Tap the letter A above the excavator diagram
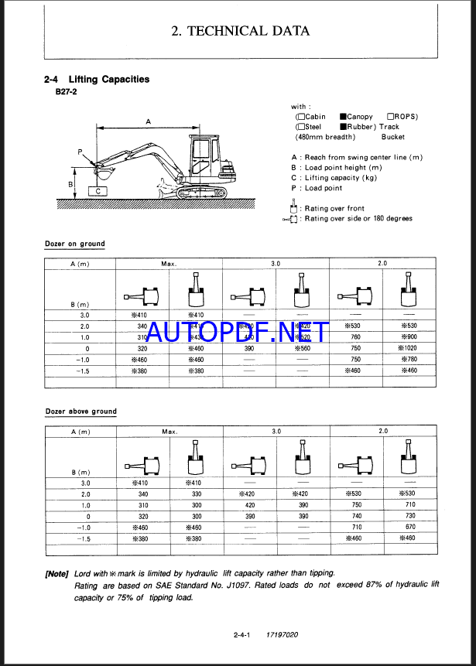click(x=147, y=121)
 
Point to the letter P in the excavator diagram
click(x=80, y=152)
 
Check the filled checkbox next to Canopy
click(x=342, y=117)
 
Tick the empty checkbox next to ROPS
click(x=391, y=117)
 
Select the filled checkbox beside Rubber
click(x=342, y=127)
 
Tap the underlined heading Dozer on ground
click(x=75, y=244)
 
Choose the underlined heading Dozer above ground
click(x=80, y=412)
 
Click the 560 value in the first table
click(x=303, y=349)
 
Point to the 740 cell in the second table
click(x=356, y=516)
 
